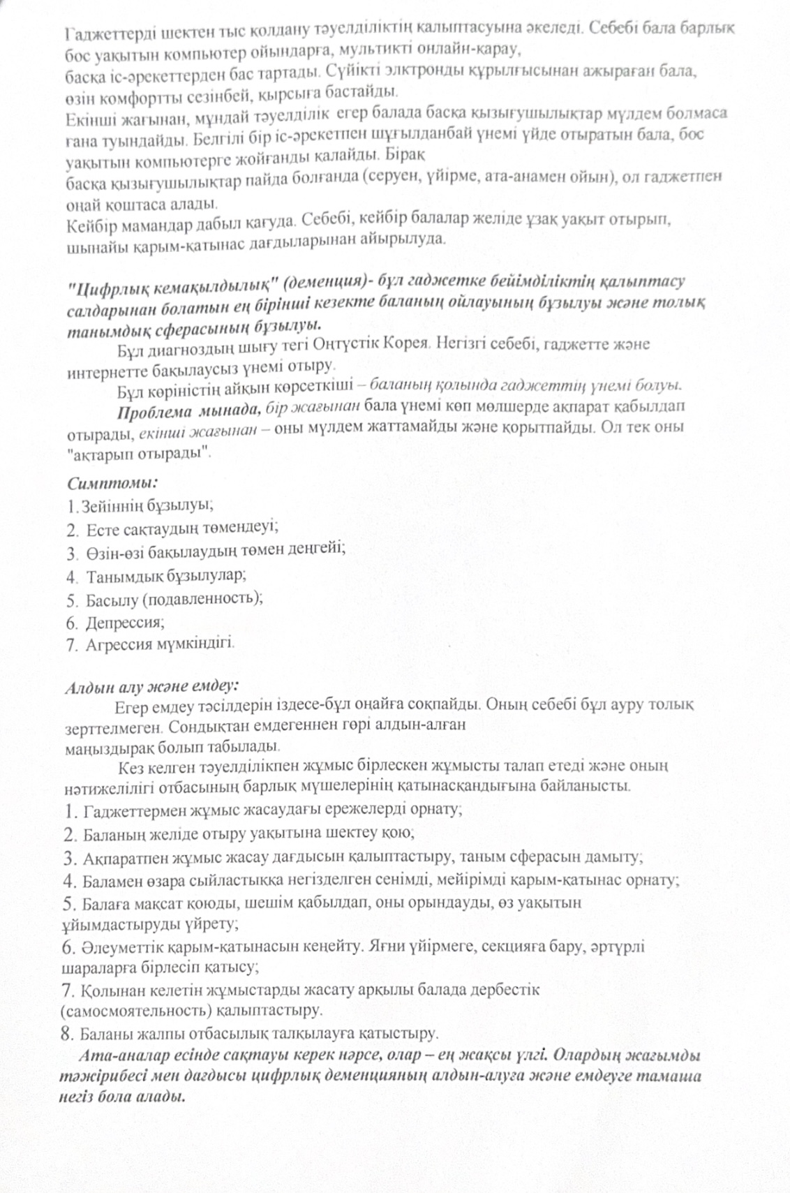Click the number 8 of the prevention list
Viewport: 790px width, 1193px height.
coord(68,1032)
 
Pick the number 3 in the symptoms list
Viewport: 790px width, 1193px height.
coord(71,554)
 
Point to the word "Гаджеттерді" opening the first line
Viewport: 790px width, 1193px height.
coord(102,33)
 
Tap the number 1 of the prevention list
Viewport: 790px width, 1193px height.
coord(68,810)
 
